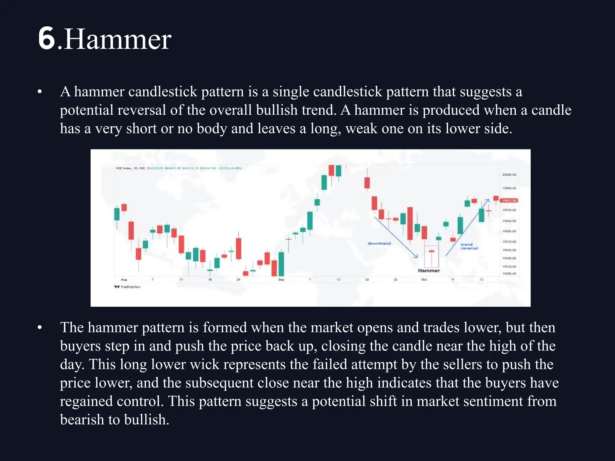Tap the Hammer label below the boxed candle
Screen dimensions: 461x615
[429, 270]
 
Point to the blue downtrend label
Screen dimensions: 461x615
[379, 243]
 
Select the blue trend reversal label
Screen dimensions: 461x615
[469, 246]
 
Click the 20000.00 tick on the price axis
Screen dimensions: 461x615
[509, 174]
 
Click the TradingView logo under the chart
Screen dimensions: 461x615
[127, 287]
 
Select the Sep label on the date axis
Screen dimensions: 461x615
[281, 279]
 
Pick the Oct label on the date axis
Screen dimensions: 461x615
[424, 279]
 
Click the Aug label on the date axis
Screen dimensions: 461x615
[124, 279]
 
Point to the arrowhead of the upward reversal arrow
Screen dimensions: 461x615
[488, 200]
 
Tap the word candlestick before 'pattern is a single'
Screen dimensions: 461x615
[162, 92]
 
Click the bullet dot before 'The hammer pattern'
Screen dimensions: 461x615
[40, 328]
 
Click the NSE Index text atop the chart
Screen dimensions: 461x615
[124, 168]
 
